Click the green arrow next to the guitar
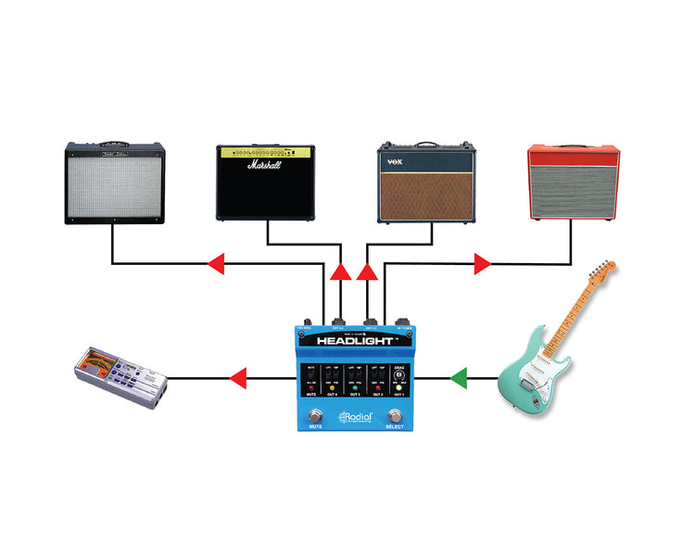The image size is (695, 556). [459, 378]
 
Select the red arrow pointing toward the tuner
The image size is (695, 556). [237, 378]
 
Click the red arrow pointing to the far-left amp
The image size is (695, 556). [215, 264]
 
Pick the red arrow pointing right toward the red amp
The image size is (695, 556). [482, 264]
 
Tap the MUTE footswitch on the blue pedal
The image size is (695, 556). [314, 415]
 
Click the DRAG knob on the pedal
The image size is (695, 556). [399, 377]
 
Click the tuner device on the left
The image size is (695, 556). [120, 378]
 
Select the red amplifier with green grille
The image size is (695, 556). [573, 182]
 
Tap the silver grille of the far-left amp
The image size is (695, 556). [114, 184]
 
